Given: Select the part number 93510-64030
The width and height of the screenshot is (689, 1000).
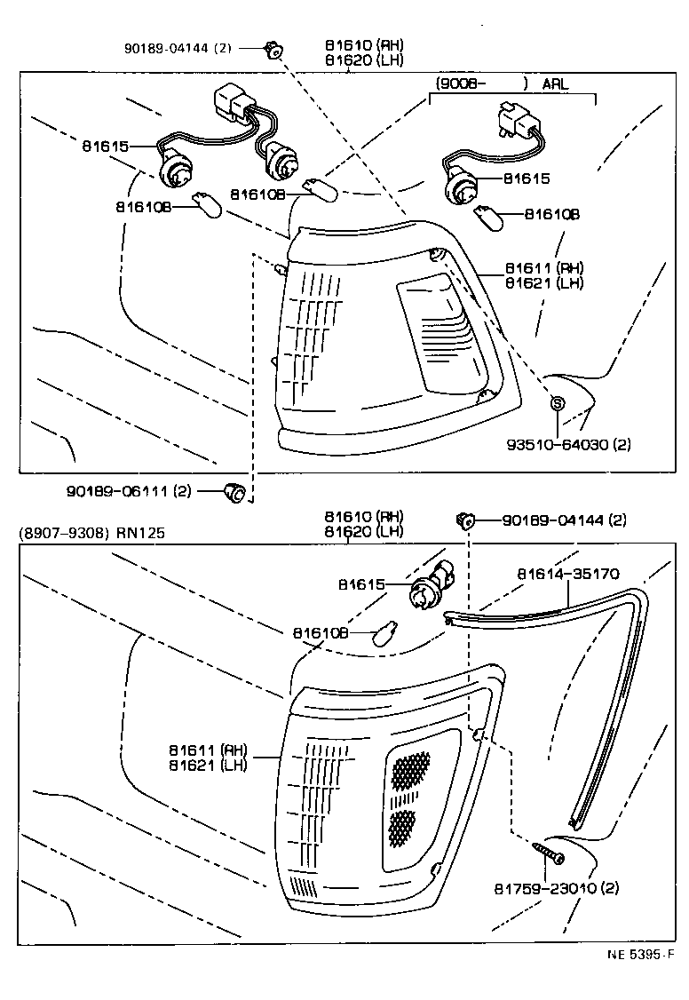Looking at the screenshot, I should [x=578, y=444].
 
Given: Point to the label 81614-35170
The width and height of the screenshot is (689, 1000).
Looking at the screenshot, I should [x=567, y=574].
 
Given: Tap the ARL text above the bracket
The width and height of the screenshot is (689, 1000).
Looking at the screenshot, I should [x=555, y=84].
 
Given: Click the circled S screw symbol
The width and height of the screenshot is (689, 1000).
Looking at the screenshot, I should [x=558, y=403].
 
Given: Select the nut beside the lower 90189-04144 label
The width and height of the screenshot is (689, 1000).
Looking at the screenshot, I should [x=463, y=519].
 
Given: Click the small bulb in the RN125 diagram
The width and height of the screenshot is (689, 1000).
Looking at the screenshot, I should [x=384, y=633].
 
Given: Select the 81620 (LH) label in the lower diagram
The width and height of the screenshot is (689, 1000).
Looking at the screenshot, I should [x=363, y=531].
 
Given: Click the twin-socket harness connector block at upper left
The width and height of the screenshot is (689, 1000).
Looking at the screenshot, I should [x=236, y=104].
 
